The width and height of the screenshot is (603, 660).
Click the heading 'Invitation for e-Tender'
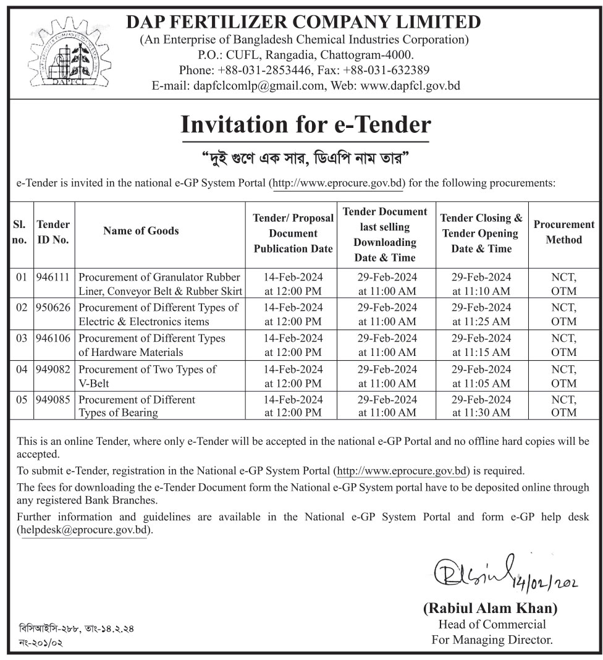pyautogui.click(x=305, y=125)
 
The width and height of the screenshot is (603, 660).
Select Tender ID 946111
pyautogui.click(x=53, y=277)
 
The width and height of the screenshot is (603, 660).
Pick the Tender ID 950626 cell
pyautogui.click(x=53, y=307)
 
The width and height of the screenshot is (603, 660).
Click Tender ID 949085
pyautogui.click(x=53, y=400)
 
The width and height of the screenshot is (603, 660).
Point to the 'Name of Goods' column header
pyautogui.click(x=141, y=231)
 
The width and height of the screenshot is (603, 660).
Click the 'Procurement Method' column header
pyautogui.click(x=563, y=232)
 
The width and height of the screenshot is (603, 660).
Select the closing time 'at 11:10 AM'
pyautogui.click(x=481, y=291)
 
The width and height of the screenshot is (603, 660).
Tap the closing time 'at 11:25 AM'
pyautogui.click(x=481, y=321)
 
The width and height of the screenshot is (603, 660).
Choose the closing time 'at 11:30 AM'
pyautogui.click(x=481, y=412)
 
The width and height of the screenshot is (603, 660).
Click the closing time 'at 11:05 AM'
pyautogui.click(x=481, y=383)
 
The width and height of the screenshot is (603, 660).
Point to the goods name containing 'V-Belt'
pyautogui.click(x=147, y=376)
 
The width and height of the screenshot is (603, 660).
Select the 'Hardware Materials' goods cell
pyautogui.click(x=152, y=345)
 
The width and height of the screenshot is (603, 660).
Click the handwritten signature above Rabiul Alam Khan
pyautogui.click(x=470, y=572)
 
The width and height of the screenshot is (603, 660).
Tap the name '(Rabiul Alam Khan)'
pyautogui.click(x=490, y=608)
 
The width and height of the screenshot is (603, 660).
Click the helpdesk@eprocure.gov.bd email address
pyautogui.click(x=85, y=530)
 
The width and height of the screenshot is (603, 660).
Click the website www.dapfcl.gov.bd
pyautogui.click(x=410, y=86)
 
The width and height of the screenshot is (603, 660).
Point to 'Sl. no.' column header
pyautogui.click(x=19, y=232)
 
